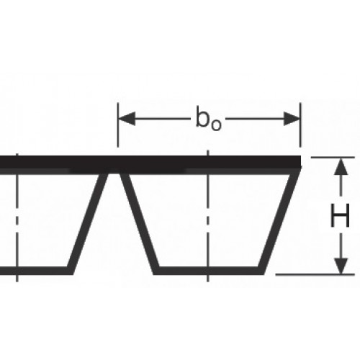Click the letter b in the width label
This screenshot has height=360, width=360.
(x=202, y=117)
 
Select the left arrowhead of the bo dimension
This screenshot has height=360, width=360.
(x=127, y=119)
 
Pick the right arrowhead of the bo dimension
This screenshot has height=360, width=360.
(x=292, y=119)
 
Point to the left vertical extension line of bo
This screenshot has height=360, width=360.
(x=117, y=125)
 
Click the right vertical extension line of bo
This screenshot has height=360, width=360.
(x=300, y=125)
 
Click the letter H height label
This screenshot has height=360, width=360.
(x=340, y=215)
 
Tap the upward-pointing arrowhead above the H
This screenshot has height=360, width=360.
(x=341, y=166)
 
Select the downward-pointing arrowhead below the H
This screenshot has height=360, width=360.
(x=341, y=266)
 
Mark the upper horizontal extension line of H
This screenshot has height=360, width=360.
(x=333, y=158)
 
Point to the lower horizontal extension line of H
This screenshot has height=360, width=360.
(x=315, y=274)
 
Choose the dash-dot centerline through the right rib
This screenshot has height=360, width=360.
(x=208, y=216)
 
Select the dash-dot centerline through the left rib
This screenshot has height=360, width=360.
(x=17, y=217)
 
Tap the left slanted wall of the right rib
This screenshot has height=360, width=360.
(x=140, y=223)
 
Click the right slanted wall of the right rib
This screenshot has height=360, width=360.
(x=279, y=221)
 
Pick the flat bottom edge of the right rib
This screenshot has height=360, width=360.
(x=209, y=271)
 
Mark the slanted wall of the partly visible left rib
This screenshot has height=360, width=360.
(x=88, y=223)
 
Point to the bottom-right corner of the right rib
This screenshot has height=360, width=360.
(x=264, y=274)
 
